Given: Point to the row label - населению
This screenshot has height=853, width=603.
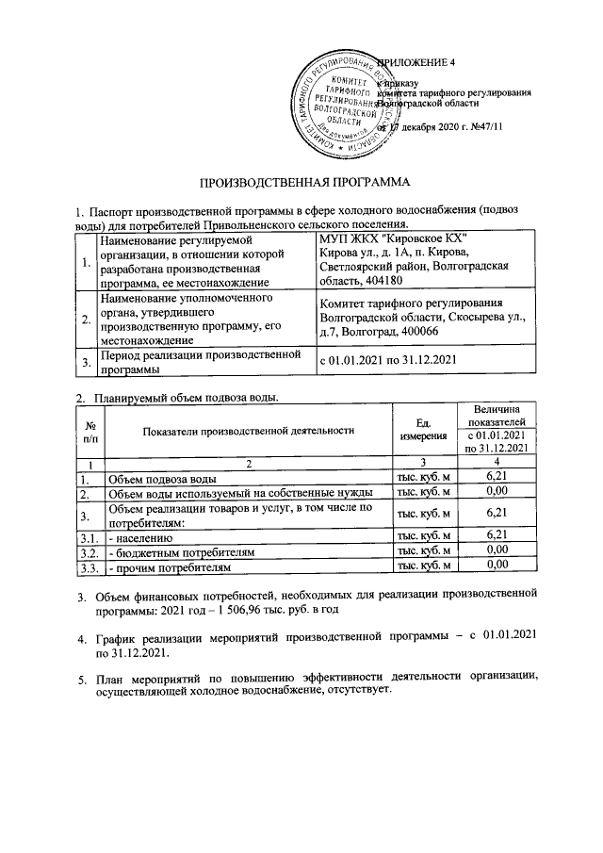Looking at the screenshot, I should (140, 534).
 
